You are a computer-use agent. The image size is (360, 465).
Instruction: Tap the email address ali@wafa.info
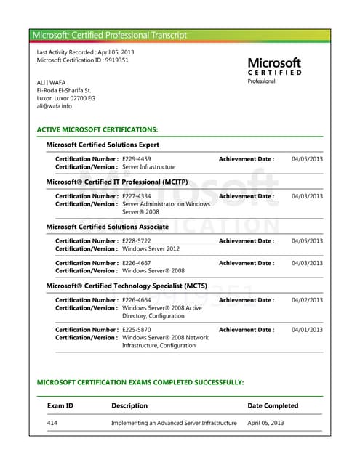[x=55, y=106]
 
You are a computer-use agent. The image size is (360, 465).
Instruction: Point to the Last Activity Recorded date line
[x=85, y=52]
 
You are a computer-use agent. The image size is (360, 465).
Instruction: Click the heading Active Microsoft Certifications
[x=97, y=129]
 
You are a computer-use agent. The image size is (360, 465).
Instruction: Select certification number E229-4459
[x=137, y=158]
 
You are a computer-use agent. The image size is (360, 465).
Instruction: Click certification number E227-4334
[x=137, y=196]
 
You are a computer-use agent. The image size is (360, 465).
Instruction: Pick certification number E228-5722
[x=137, y=241]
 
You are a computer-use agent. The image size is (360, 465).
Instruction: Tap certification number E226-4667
[x=137, y=263]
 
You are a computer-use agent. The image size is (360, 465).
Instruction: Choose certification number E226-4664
[x=137, y=300]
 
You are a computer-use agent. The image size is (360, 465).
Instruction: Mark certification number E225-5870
[x=137, y=330]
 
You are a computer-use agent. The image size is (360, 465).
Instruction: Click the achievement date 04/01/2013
[x=307, y=330]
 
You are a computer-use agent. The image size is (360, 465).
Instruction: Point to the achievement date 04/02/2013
[x=307, y=300]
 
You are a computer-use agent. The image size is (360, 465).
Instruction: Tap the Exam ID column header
[x=60, y=405]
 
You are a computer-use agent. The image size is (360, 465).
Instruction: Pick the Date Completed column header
[x=273, y=405]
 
